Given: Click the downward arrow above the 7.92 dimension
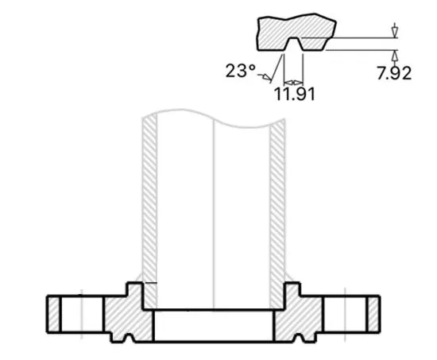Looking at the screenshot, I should pos(393,30).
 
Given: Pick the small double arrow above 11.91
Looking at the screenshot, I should pos(293,81).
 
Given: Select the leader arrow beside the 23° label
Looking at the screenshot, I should pos(267,76).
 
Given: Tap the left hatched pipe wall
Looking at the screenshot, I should pos(149,199).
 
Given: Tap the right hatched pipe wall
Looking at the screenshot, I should pos(277,199).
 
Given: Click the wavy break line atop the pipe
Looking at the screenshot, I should pos(215,119).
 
